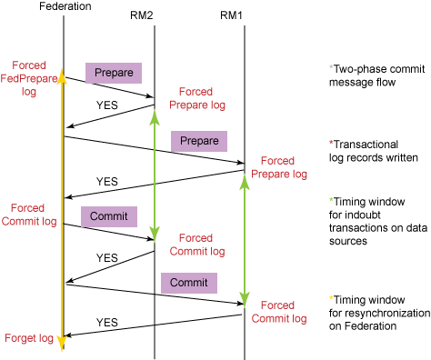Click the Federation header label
(x=64, y=7)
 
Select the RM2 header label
(x=155, y=15)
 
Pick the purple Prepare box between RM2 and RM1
(x=199, y=141)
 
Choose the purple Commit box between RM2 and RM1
(x=188, y=283)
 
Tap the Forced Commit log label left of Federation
(x=29, y=215)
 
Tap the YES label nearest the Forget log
(x=107, y=322)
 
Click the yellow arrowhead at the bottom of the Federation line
(x=62, y=343)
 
